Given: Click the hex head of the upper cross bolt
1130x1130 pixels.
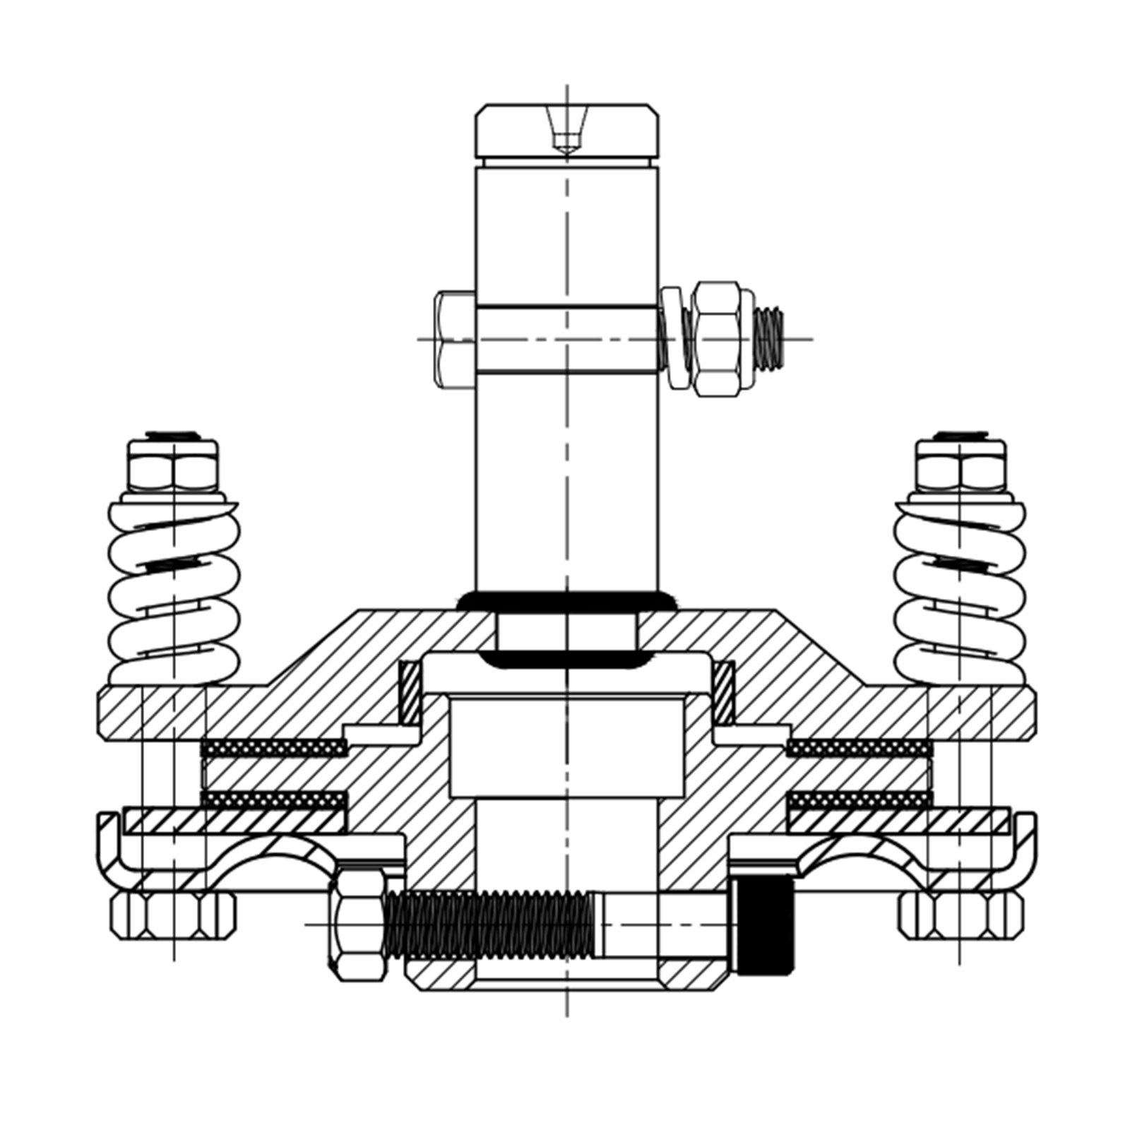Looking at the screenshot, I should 455,339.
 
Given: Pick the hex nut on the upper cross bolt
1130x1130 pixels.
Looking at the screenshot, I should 716,339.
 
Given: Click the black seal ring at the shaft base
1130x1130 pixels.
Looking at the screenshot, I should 565,602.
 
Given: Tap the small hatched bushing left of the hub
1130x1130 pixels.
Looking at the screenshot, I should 410,692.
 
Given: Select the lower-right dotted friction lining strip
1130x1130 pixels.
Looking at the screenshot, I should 859,800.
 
